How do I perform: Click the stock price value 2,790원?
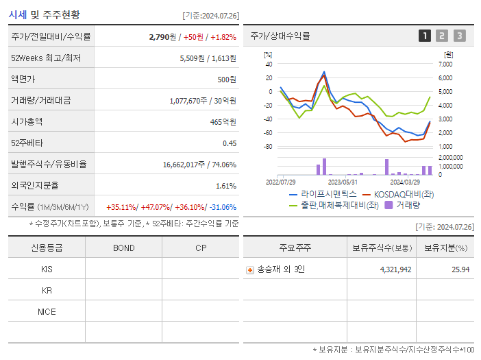[x=162, y=37]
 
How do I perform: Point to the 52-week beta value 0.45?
[x=229, y=143]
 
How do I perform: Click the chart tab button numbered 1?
[x=425, y=36]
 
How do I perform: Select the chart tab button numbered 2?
[x=442, y=36]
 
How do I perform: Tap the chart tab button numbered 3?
[x=459, y=36]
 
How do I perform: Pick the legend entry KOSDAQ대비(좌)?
[x=403, y=194]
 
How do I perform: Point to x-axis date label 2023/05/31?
[x=343, y=182]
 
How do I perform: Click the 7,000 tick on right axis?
[x=445, y=64]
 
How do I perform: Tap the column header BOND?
[x=123, y=248]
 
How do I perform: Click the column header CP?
[x=201, y=248]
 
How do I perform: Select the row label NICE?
[x=47, y=311]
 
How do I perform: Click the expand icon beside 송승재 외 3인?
[x=250, y=269]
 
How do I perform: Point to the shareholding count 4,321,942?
[x=395, y=269]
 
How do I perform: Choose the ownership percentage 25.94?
[x=461, y=269]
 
